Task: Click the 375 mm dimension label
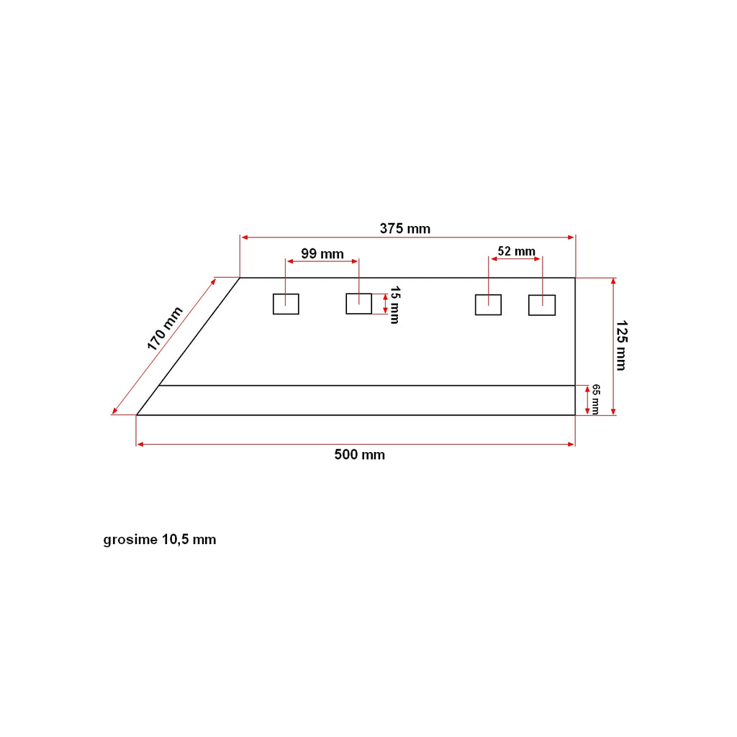point(404,228)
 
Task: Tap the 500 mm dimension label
point(360,455)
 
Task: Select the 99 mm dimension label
point(322,253)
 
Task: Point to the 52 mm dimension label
point(517,251)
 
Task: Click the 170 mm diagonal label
point(165,328)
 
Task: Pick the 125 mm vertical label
point(621,345)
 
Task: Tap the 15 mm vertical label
point(395,305)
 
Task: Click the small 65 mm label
point(595,399)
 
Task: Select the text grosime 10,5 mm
point(160,539)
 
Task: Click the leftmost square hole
point(286,294)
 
